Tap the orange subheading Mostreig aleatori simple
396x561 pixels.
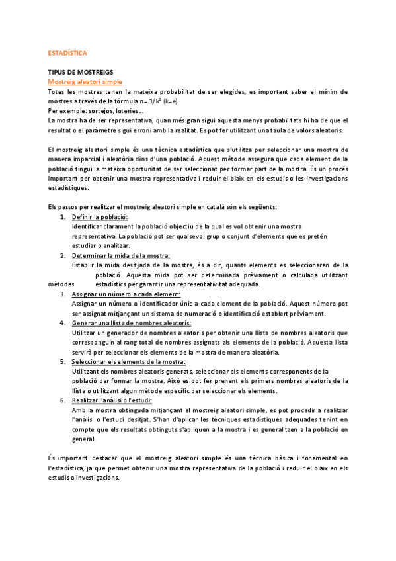pyautogui.click(x=85, y=81)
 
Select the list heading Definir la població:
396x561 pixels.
pyautogui.click(x=100, y=217)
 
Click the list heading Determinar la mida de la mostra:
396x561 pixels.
pyautogui.click(x=121, y=255)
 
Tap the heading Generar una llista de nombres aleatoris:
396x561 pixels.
pyautogui.click(x=131, y=323)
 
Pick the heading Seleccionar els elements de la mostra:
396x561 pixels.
pyautogui.click(x=129, y=362)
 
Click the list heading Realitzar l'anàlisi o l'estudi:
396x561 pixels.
pyautogui.click(x=112, y=400)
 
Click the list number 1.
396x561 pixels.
pyautogui.click(x=62, y=217)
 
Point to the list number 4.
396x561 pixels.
pyautogui.click(x=62, y=323)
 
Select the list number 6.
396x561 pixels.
pyautogui.click(x=62, y=400)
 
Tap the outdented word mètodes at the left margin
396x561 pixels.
pyautogui.click(x=61, y=284)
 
